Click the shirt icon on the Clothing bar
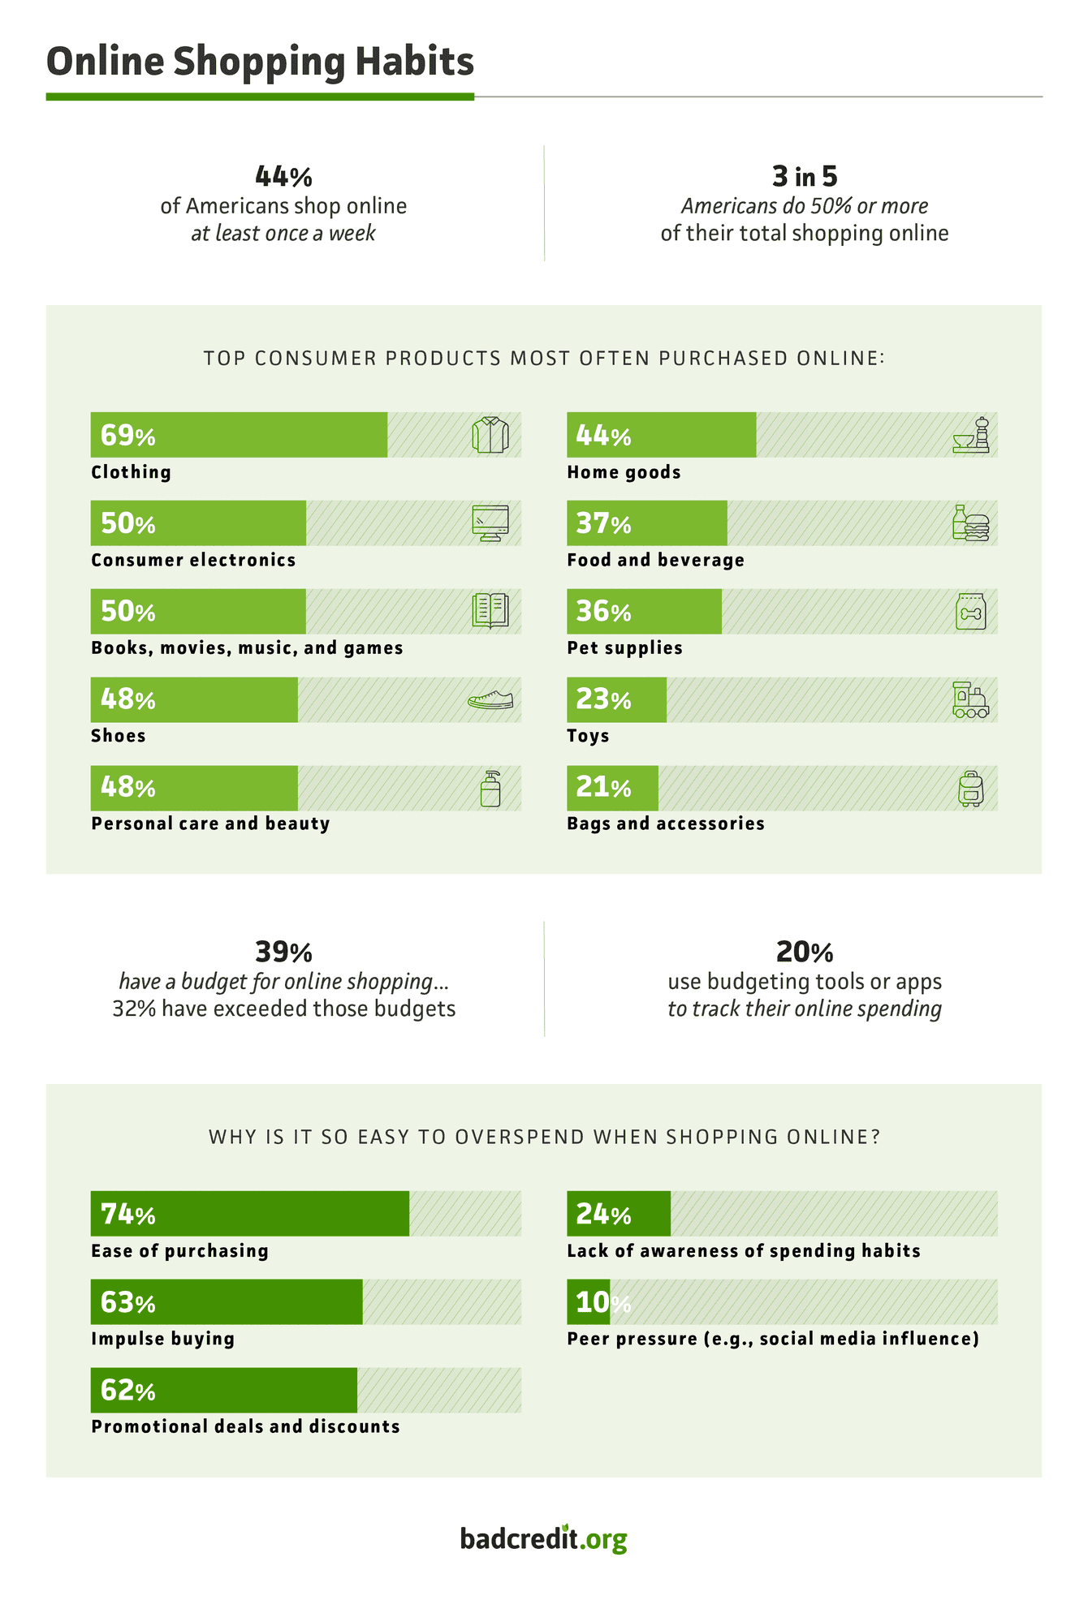pyautogui.click(x=490, y=435)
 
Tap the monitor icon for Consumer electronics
pyautogui.click(x=490, y=523)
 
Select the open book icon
pyautogui.click(x=490, y=611)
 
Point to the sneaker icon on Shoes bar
pyautogui.click(x=490, y=699)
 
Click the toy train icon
pyautogui.click(x=970, y=699)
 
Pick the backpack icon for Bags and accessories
pyautogui.click(x=970, y=788)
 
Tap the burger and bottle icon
pyautogui.click(x=970, y=523)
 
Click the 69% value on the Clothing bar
pyautogui.click(x=127, y=436)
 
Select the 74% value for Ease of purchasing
pyautogui.click(x=127, y=1215)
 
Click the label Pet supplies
pyautogui.click(x=624, y=648)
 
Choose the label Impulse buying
pyautogui.click(x=162, y=1339)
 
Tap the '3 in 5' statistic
pyautogui.click(x=804, y=176)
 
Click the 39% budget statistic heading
pyautogui.click(x=283, y=951)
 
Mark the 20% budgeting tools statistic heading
pyautogui.click(x=804, y=951)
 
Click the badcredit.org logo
pyautogui.click(x=543, y=1538)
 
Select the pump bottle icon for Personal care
pyautogui.click(x=490, y=788)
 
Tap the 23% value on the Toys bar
pyautogui.click(x=603, y=699)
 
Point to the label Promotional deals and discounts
pyautogui.click(x=245, y=1426)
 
